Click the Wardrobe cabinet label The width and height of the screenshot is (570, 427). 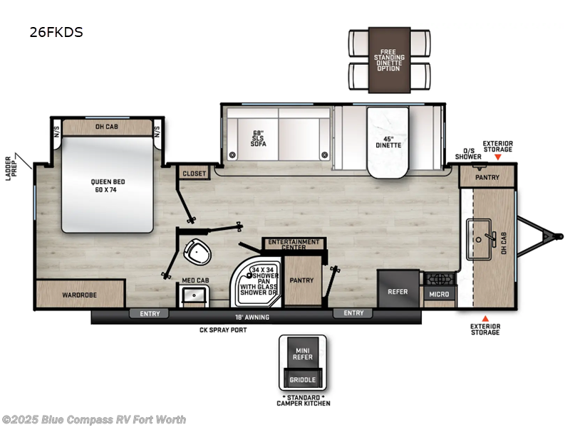pos(79,294)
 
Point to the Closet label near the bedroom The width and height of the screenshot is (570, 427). pos(194,173)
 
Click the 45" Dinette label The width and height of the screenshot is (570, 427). pos(388,141)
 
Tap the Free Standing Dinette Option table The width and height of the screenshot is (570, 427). pos(389,60)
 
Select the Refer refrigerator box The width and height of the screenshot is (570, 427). pos(398,290)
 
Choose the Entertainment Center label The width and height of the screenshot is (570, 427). pos(294,245)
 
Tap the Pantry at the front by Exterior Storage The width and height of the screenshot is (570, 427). pos(487,177)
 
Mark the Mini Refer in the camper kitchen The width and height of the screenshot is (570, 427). pos(302,354)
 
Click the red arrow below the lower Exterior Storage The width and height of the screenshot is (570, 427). pos(485,318)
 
